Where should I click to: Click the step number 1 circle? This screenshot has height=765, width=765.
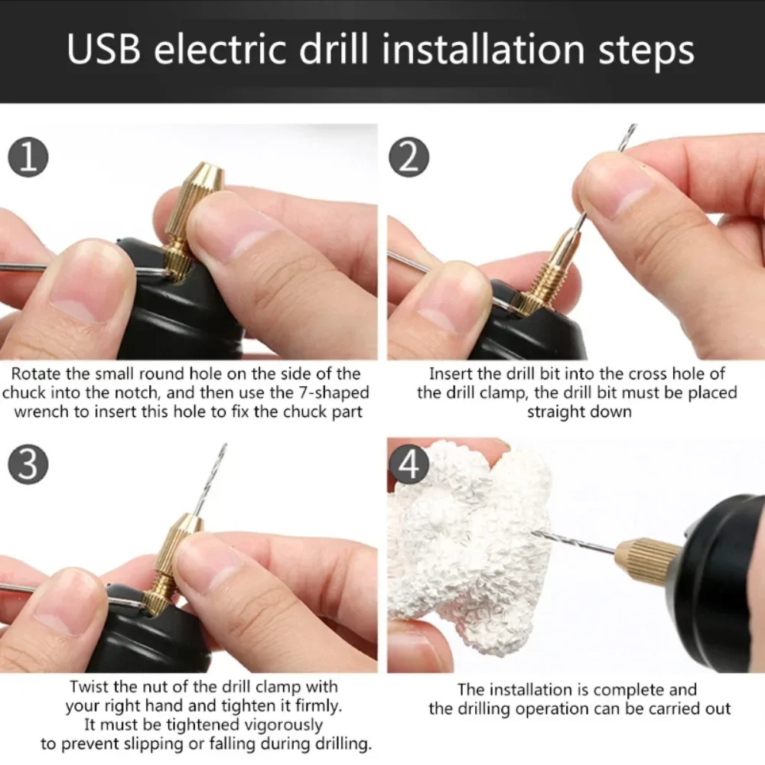[x=28, y=158]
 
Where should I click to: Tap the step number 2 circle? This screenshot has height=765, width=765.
[x=409, y=158]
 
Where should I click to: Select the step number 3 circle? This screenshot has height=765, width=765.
[x=28, y=466]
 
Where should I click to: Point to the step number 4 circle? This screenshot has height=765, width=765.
[x=409, y=466]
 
